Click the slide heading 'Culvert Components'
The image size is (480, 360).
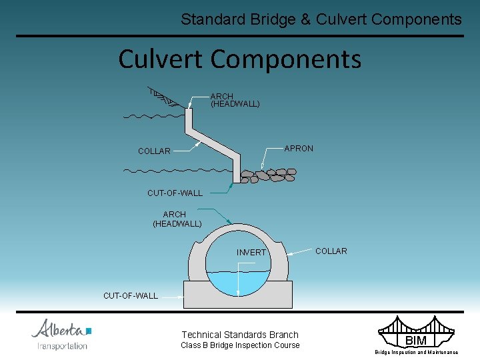click(x=239, y=59)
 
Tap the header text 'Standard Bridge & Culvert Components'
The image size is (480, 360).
click(x=321, y=19)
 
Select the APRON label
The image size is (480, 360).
click(x=298, y=148)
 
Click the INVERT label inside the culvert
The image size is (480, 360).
click(x=251, y=252)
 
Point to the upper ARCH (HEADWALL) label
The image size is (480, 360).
click(x=235, y=100)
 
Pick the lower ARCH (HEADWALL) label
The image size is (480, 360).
click(x=177, y=219)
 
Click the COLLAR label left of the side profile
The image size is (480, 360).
click(x=154, y=151)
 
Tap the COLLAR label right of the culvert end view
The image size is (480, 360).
click(x=331, y=251)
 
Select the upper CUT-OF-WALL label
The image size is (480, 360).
click(x=175, y=193)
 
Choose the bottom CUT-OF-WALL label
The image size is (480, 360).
click(x=131, y=295)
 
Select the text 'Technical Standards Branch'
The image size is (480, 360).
click(x=240, y=335)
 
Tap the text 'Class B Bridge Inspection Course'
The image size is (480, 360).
click(x=240, y=345)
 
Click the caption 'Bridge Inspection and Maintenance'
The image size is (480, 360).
click(x=416, y=352)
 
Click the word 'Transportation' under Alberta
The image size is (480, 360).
click(x=62, y=345)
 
